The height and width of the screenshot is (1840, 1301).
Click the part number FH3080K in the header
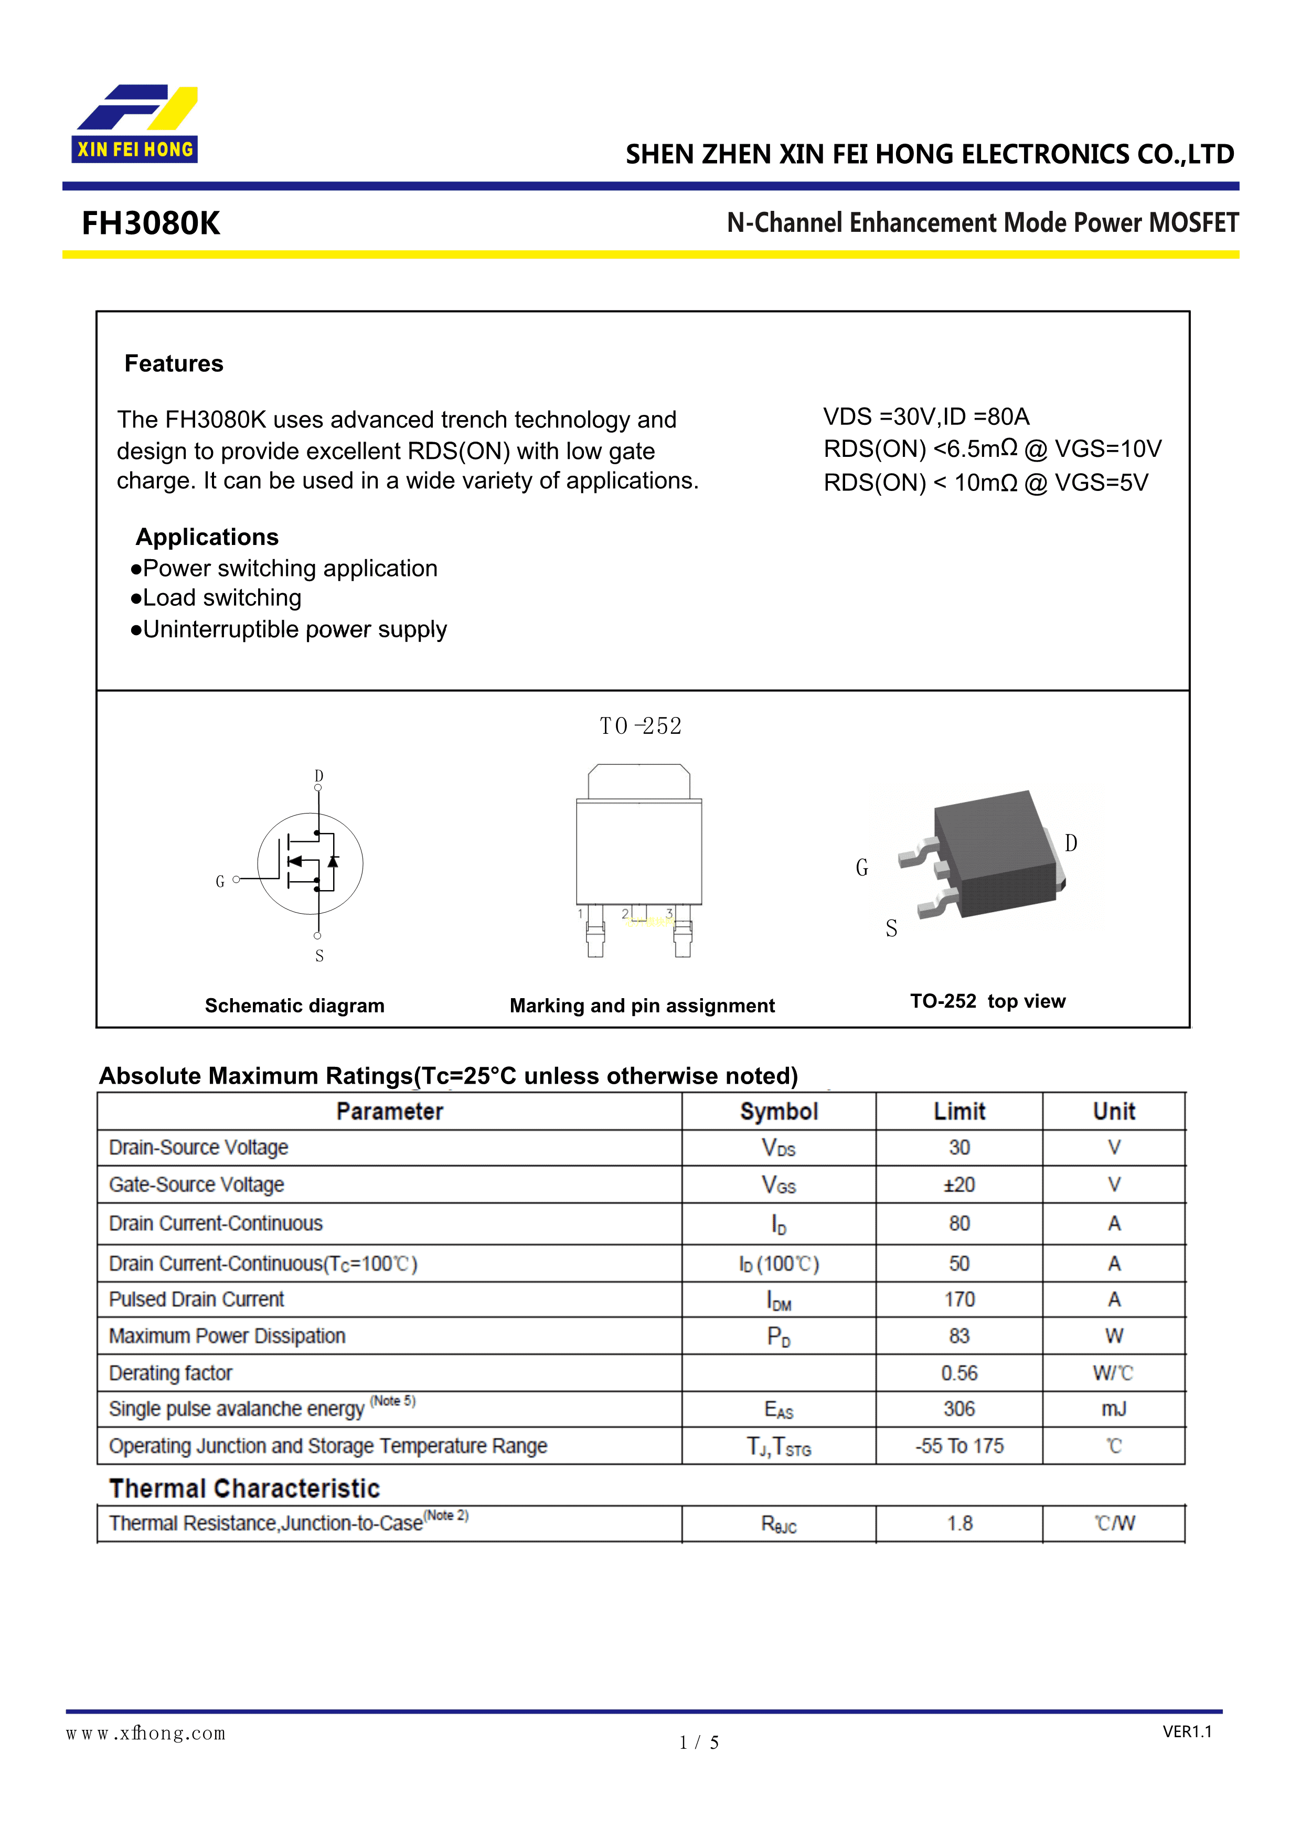pos(151,223)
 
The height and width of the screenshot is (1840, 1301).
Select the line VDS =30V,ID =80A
pos(926,416)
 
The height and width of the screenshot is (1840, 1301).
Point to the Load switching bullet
pos(217,598)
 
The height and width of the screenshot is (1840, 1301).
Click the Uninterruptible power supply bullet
pos(289,630)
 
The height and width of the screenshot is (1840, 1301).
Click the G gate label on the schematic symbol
pos(220,882)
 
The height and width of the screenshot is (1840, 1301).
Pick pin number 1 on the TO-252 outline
pos(580,914)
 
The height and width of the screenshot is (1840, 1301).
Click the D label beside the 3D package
pos(1071,843)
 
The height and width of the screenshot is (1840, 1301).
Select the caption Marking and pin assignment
pos(642,1005)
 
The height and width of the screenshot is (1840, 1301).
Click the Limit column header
pos(959,1111)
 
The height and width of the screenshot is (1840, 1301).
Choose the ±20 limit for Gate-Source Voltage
pos(959,1184)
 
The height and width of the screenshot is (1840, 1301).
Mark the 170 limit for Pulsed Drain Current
pos(959,1299)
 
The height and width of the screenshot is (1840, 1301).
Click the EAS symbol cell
pos(779,1410)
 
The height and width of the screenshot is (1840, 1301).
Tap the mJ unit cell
pos(1113,1409)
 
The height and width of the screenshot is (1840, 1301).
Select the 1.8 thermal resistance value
pos(959,1523)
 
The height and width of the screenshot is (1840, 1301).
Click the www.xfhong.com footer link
pos(146,1734)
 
